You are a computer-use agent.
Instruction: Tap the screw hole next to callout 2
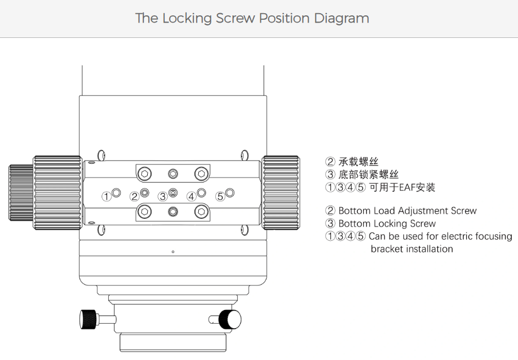(144, 192)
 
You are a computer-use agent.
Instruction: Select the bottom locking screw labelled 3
(173, 192)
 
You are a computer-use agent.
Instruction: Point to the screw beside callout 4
(202, 192)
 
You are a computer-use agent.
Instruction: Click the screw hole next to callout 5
(230, 192)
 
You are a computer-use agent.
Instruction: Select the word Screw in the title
(235, 18)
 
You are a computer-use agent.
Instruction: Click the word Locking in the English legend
(393, 224)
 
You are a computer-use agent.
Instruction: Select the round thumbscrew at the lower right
(230, 318)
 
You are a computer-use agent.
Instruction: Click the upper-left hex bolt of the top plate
(144, 174)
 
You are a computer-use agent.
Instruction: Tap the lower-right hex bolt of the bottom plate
(202, 211)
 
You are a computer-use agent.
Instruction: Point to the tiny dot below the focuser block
(173, 252)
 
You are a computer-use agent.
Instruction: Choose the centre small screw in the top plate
(173, 174)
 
